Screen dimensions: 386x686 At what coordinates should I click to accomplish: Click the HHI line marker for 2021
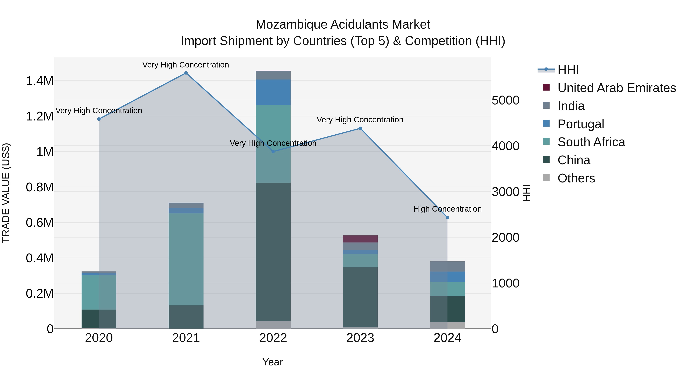click(186, 73)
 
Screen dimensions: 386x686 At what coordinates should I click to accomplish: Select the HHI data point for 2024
click(447, 218)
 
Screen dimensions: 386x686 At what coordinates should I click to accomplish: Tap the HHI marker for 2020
click(99, 119)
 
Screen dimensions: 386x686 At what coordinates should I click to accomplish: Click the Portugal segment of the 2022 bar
click(273, 92)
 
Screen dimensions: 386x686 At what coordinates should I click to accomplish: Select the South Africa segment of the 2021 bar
click(186, 259)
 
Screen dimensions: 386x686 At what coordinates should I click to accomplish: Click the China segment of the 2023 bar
click(360, 297)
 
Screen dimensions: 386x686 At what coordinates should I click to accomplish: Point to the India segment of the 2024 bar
click(447, 266)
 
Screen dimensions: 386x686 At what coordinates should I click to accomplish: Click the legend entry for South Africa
click(591, 142)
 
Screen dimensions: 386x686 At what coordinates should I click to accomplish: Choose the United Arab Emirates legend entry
click(616, 88)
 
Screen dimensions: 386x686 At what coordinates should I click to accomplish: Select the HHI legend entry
click(568, 70)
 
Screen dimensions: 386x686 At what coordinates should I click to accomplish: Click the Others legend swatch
click(546, 178)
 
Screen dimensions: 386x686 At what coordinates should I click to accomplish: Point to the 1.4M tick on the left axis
click(40, 81)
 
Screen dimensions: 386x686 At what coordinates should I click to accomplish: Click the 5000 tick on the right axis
click(505, 100)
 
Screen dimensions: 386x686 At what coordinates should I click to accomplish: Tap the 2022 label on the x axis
click(273, 338)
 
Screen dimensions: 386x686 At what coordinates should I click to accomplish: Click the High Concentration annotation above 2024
click(447, 209)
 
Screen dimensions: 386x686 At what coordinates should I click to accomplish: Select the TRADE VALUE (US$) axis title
click(6, 193)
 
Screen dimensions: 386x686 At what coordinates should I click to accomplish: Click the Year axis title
click(272, 362)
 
